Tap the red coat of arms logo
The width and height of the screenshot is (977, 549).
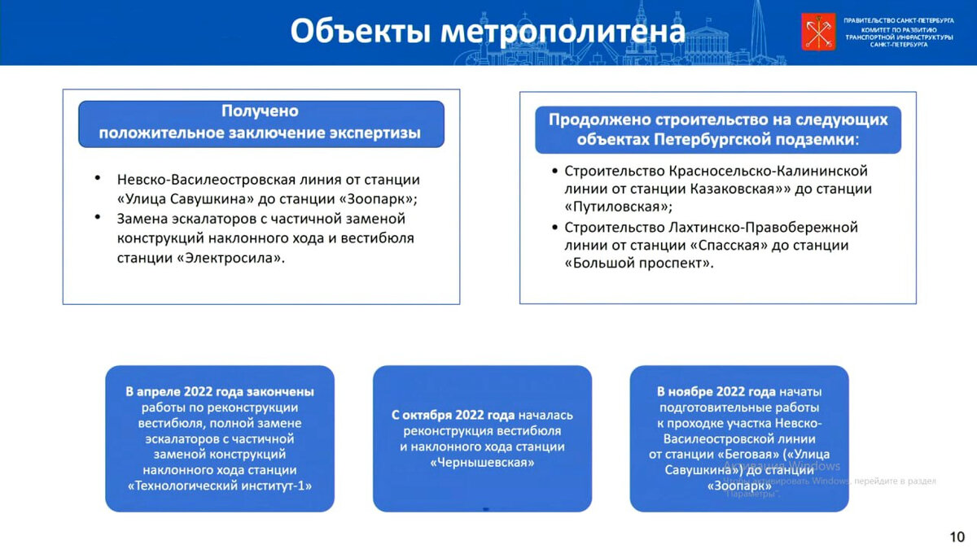point(818,32)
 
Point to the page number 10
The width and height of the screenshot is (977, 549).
point(957,536)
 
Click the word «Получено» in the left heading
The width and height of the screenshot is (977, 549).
point(261,111)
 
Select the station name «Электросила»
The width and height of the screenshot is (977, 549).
point(231,258)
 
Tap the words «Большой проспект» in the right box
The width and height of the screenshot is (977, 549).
point(638,263)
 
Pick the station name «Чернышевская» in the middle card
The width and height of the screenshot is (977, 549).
point(482,462)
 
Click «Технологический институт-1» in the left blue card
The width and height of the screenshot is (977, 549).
point(220,486)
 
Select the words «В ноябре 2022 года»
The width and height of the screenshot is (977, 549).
point(717,392)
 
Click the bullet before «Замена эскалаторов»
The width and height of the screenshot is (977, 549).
point(98,218)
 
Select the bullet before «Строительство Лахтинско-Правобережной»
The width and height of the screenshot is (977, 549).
point(555,227)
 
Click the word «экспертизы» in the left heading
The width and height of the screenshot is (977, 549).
point(377,133)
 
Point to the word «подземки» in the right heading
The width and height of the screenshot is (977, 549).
point(814,139)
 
